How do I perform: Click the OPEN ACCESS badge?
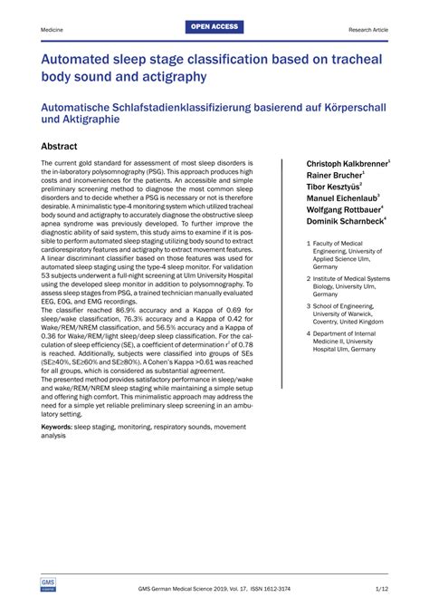(x=214, y=27)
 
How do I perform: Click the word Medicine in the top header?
(x=52, y=30)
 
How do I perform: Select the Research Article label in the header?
(x=368, y=30)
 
